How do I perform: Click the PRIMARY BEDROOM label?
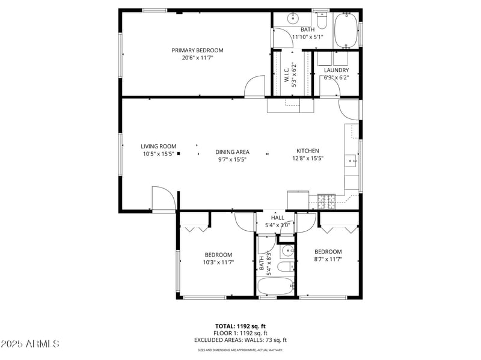pyautogui.click(x=197, y=50)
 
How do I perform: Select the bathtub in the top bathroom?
pyautogui.click(x=345, y=30)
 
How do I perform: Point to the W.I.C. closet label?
pyautogui.click(x=287, y=75)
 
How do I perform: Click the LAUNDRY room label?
pyautogui.click(x=336, y=70)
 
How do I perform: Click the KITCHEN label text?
pyautogui.click(x=307, y=151)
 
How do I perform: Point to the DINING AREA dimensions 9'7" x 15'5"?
pyautogui.click(x=232, y=160)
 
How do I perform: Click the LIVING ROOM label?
pyautogui.click(x=158, y=146)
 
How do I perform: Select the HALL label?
pyautogui.click(x=278, y=218)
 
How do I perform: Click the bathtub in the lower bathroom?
pyautogui.click(x=275, y=286)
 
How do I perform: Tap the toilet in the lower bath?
pyautogui.click(x=285, y=266)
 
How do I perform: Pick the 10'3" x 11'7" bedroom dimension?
pyautogui.click(x=218, y=262)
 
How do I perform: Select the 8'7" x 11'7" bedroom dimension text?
pyautogui.click(x=328, y=259)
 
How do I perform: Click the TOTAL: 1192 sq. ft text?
pyautogui.click(x=240, y=325)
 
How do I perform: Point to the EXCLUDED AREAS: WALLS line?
pyautogui.click(x=240, y=340)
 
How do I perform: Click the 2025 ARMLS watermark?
pyautogui.click(x=30, y=344)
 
